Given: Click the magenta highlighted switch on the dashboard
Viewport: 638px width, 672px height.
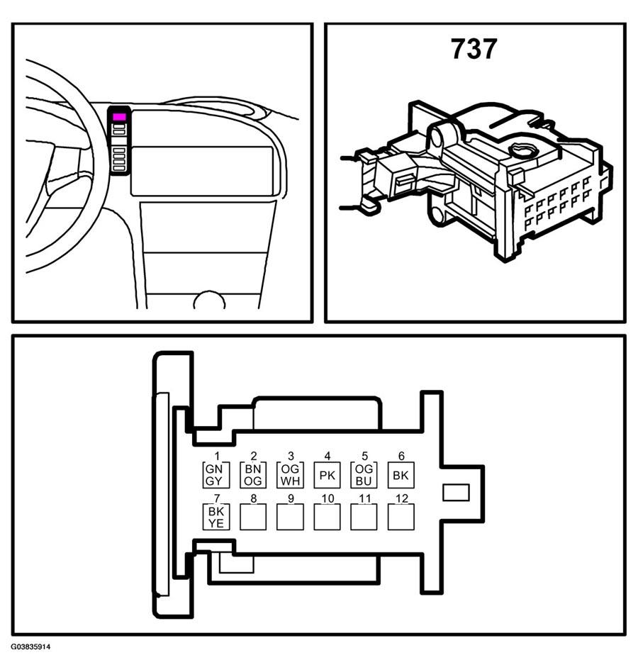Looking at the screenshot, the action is click(x=119, y=116).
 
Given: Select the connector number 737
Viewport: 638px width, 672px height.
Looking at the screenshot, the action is click(x=474, y=49).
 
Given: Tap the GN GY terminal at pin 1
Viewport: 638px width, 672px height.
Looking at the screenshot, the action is click(x=216, y=475).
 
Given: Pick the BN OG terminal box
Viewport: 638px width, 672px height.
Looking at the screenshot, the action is click(x=253, y=475).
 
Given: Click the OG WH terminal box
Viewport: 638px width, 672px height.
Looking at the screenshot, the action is click(x=290, y=475).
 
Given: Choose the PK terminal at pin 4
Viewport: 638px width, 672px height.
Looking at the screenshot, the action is click(x=328, y=475).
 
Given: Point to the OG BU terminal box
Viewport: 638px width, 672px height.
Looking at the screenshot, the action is click(x=364, y=475).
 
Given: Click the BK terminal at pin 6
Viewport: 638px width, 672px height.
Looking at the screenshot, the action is click(x=401, y=475).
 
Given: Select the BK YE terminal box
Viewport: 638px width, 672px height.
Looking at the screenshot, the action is click(x=216, y=517).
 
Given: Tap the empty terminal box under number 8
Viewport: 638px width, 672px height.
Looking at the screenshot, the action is click(x=253, y=517).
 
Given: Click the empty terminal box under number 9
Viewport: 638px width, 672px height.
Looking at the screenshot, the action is click(x=290, y=517).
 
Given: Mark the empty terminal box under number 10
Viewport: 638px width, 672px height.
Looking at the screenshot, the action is click(x=328, y=517).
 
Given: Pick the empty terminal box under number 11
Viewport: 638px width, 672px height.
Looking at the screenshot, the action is click(x=364, y=517).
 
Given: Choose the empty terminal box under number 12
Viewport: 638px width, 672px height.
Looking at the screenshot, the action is click(x=401, y=517).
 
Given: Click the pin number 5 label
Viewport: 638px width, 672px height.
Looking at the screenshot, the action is click(x=364, y=456).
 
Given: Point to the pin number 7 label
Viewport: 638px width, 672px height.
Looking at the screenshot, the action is click(x=217, y=498).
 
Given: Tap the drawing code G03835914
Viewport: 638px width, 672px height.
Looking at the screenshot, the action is click(x=30, y=646).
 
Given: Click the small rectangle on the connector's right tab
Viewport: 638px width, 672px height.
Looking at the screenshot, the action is click(x=456, y=493).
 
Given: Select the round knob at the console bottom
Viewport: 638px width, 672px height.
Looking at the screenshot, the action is click(x=209, y=300).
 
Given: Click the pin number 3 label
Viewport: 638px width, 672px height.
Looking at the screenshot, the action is click(x=291, y=456).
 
